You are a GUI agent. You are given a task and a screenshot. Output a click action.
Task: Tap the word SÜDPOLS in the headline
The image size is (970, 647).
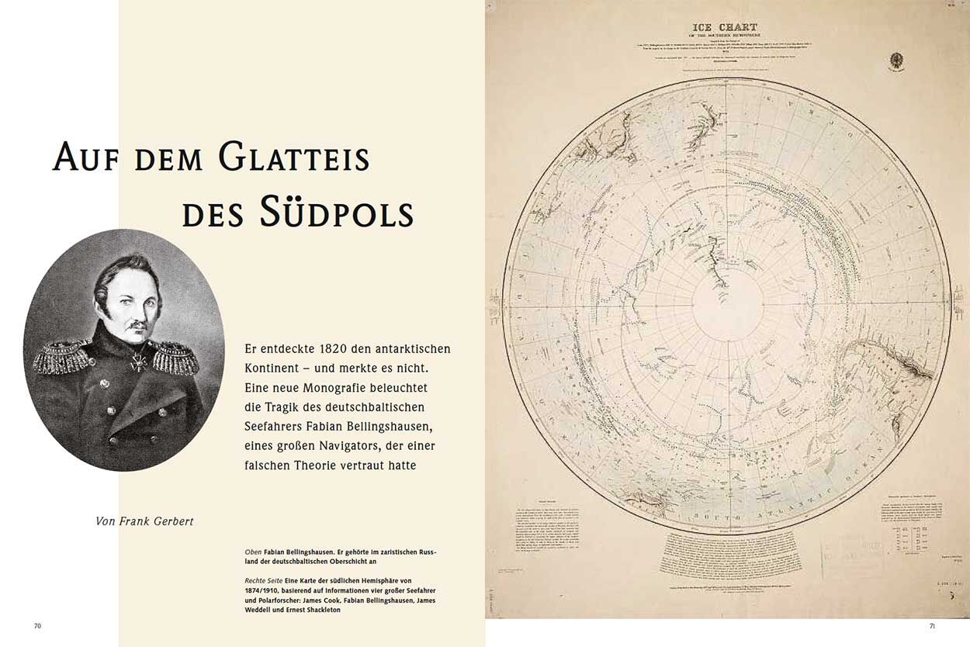coord(336,212)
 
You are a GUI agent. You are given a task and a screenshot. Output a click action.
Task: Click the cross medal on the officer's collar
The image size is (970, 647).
coord(139,361)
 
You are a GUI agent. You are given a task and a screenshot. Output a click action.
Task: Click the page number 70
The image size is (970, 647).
coord(37,626)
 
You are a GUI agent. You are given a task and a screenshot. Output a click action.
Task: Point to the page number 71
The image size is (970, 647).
coord(933,626)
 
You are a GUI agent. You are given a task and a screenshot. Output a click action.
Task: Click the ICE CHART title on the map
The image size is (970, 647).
coord(725,28)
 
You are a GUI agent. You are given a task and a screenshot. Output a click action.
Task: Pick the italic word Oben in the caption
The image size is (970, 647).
coord(253,552)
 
